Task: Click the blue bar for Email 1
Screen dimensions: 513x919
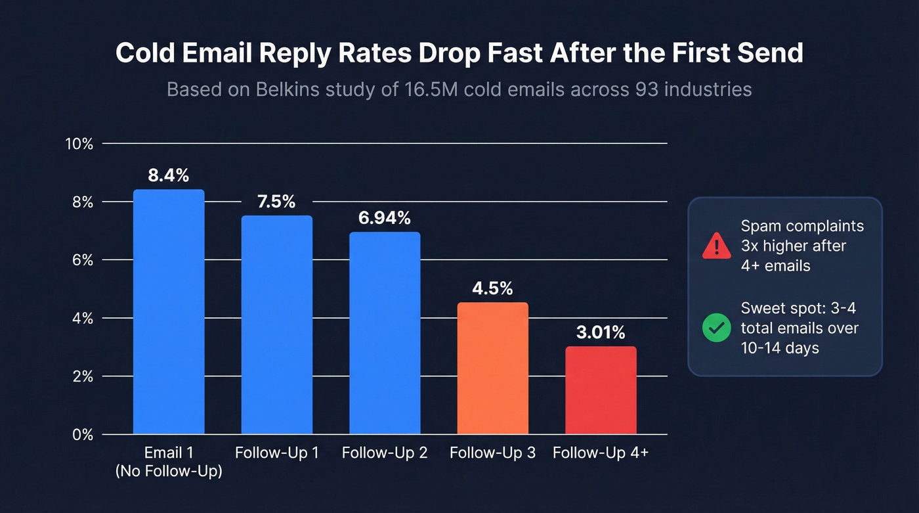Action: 169,312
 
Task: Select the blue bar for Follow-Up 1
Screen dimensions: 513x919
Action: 276,325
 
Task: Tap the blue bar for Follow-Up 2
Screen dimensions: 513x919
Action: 385,333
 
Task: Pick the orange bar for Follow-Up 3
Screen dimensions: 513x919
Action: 492,368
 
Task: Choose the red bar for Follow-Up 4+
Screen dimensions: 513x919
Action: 601,390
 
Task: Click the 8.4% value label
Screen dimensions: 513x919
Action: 169,175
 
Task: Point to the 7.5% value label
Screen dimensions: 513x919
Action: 276,202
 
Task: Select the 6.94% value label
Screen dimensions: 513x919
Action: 385,218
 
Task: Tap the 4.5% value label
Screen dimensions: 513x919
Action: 492,288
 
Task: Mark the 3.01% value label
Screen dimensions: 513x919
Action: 601,332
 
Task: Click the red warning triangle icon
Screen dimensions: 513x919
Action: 716,246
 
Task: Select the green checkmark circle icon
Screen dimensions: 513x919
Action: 716,328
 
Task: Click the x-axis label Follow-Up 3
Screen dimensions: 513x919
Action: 492,453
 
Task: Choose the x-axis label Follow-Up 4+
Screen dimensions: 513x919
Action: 601,453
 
